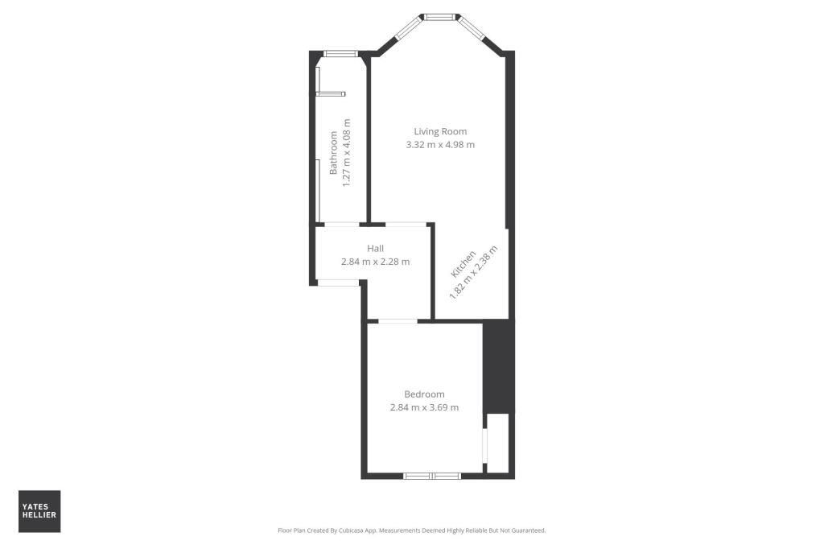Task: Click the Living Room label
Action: (440, 131)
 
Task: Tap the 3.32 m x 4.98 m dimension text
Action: (440, 145)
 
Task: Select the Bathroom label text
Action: (333, 153)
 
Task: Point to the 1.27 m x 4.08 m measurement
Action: (347, 153)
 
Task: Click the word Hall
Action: (375, 249)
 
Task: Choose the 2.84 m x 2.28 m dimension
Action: (375, 262)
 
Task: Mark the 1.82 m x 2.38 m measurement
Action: (474, 272)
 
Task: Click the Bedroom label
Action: (424, 394)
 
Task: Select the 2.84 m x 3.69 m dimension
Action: (424, 407)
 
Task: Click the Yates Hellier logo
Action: (39, 511)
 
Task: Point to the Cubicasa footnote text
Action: (411, 530)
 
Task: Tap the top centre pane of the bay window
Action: (439, 15)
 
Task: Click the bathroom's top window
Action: (340, 54)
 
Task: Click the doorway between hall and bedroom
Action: (398, 321)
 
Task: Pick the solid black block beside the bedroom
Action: (497, 366)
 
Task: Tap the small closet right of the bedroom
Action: (498, 443)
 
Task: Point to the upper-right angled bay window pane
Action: (472, 31)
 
